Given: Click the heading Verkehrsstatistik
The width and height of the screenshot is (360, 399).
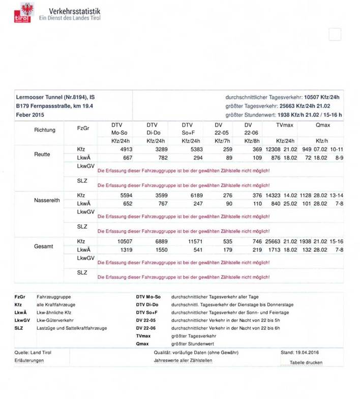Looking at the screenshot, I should [75, 11].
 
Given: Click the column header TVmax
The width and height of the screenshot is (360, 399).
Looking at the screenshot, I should [285, 125].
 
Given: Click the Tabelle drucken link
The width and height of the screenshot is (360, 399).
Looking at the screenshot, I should [306, 362].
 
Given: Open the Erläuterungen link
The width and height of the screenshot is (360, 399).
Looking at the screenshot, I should [29, 360].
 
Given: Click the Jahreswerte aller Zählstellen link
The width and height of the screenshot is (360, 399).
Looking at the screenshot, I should [183, 360].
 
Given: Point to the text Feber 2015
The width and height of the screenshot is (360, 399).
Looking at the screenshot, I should [31, 115].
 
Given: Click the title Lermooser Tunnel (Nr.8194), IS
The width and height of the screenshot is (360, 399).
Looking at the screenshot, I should [55, 97].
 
